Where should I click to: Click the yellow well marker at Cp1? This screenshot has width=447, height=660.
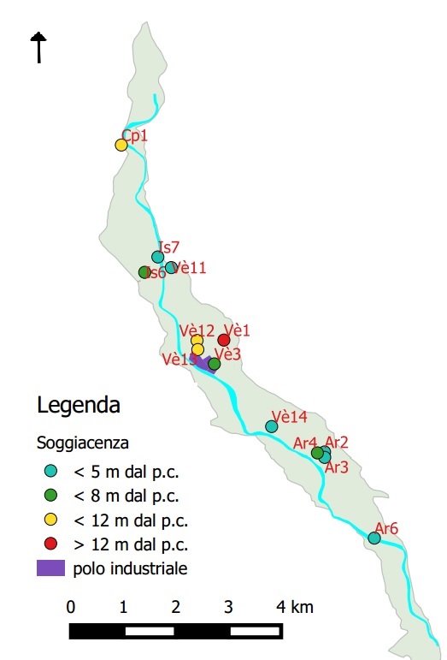[x=121, y=145]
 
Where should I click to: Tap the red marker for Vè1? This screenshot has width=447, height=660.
[x=224, y=340]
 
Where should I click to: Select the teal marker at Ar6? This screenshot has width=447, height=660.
[x=373, y=538]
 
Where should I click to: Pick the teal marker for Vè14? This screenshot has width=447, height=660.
[x=272, y=426]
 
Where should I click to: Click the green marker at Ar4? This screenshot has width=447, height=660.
[x=317, y=452]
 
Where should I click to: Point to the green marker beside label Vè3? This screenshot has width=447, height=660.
[x=214, y=364]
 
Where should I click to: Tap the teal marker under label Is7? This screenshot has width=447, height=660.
[x=157, y=257]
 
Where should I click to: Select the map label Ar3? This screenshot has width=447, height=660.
[x=337, y=467]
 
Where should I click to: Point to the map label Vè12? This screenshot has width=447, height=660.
[x=197, y=330]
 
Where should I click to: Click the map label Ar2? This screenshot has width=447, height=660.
[x=337, y=442]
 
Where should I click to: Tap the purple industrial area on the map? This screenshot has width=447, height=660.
[x=202, y=363]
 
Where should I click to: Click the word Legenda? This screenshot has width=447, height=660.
[x=79, y=404]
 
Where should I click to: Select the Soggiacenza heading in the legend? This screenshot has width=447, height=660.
[x=83, y=443]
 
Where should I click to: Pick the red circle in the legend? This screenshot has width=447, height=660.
[x=50, y=544]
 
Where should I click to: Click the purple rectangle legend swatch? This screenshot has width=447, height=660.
[x=50, y=568]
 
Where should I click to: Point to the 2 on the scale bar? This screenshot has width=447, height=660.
[x=176, y=607]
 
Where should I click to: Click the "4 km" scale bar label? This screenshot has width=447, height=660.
[x=295, y=607]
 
